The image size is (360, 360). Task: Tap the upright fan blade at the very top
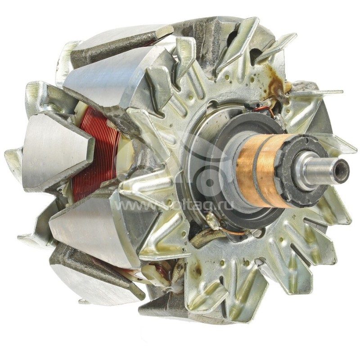(243, 38)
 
